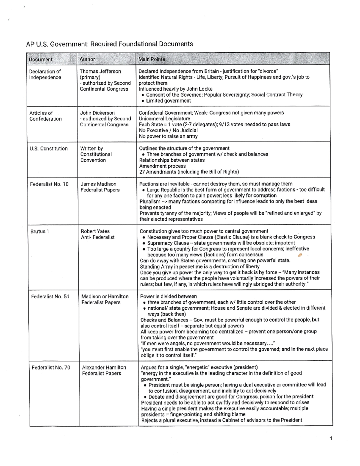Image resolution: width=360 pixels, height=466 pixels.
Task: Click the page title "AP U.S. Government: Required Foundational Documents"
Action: tap(109, 44)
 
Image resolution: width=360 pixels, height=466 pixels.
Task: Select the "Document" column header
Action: tap(40, 59)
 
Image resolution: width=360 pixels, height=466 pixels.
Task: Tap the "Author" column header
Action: tap(87, 59)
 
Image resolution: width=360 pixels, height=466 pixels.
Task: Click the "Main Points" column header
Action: tap(151, 59)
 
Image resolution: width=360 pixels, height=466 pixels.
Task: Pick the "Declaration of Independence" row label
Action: tap(45, 74)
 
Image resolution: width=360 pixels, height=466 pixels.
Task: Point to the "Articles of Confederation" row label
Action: tap(45, 116)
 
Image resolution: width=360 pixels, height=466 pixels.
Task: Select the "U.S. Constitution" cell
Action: tap(49, 149)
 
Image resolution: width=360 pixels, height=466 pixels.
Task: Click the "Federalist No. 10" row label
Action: tap(49, 184)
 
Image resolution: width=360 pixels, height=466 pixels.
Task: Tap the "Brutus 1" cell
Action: tap(40, 231)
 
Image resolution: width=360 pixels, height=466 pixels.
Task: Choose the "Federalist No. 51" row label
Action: tap(50, 296)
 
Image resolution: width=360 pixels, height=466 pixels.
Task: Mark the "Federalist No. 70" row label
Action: tap(51, 368)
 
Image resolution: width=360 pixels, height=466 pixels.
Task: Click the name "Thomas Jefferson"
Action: tap(100, 71)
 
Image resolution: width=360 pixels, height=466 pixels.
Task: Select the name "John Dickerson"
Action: tap(97, 113)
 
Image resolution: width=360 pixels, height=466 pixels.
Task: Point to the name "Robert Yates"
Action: tap(95, 231)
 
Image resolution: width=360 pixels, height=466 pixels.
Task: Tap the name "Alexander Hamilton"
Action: tap(104, 368)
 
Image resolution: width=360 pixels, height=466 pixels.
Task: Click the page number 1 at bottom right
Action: tap(331, 439)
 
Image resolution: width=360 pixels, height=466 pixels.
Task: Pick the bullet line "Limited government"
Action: tap(168, 101)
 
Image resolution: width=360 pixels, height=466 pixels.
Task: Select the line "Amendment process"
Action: tap(162, 166)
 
